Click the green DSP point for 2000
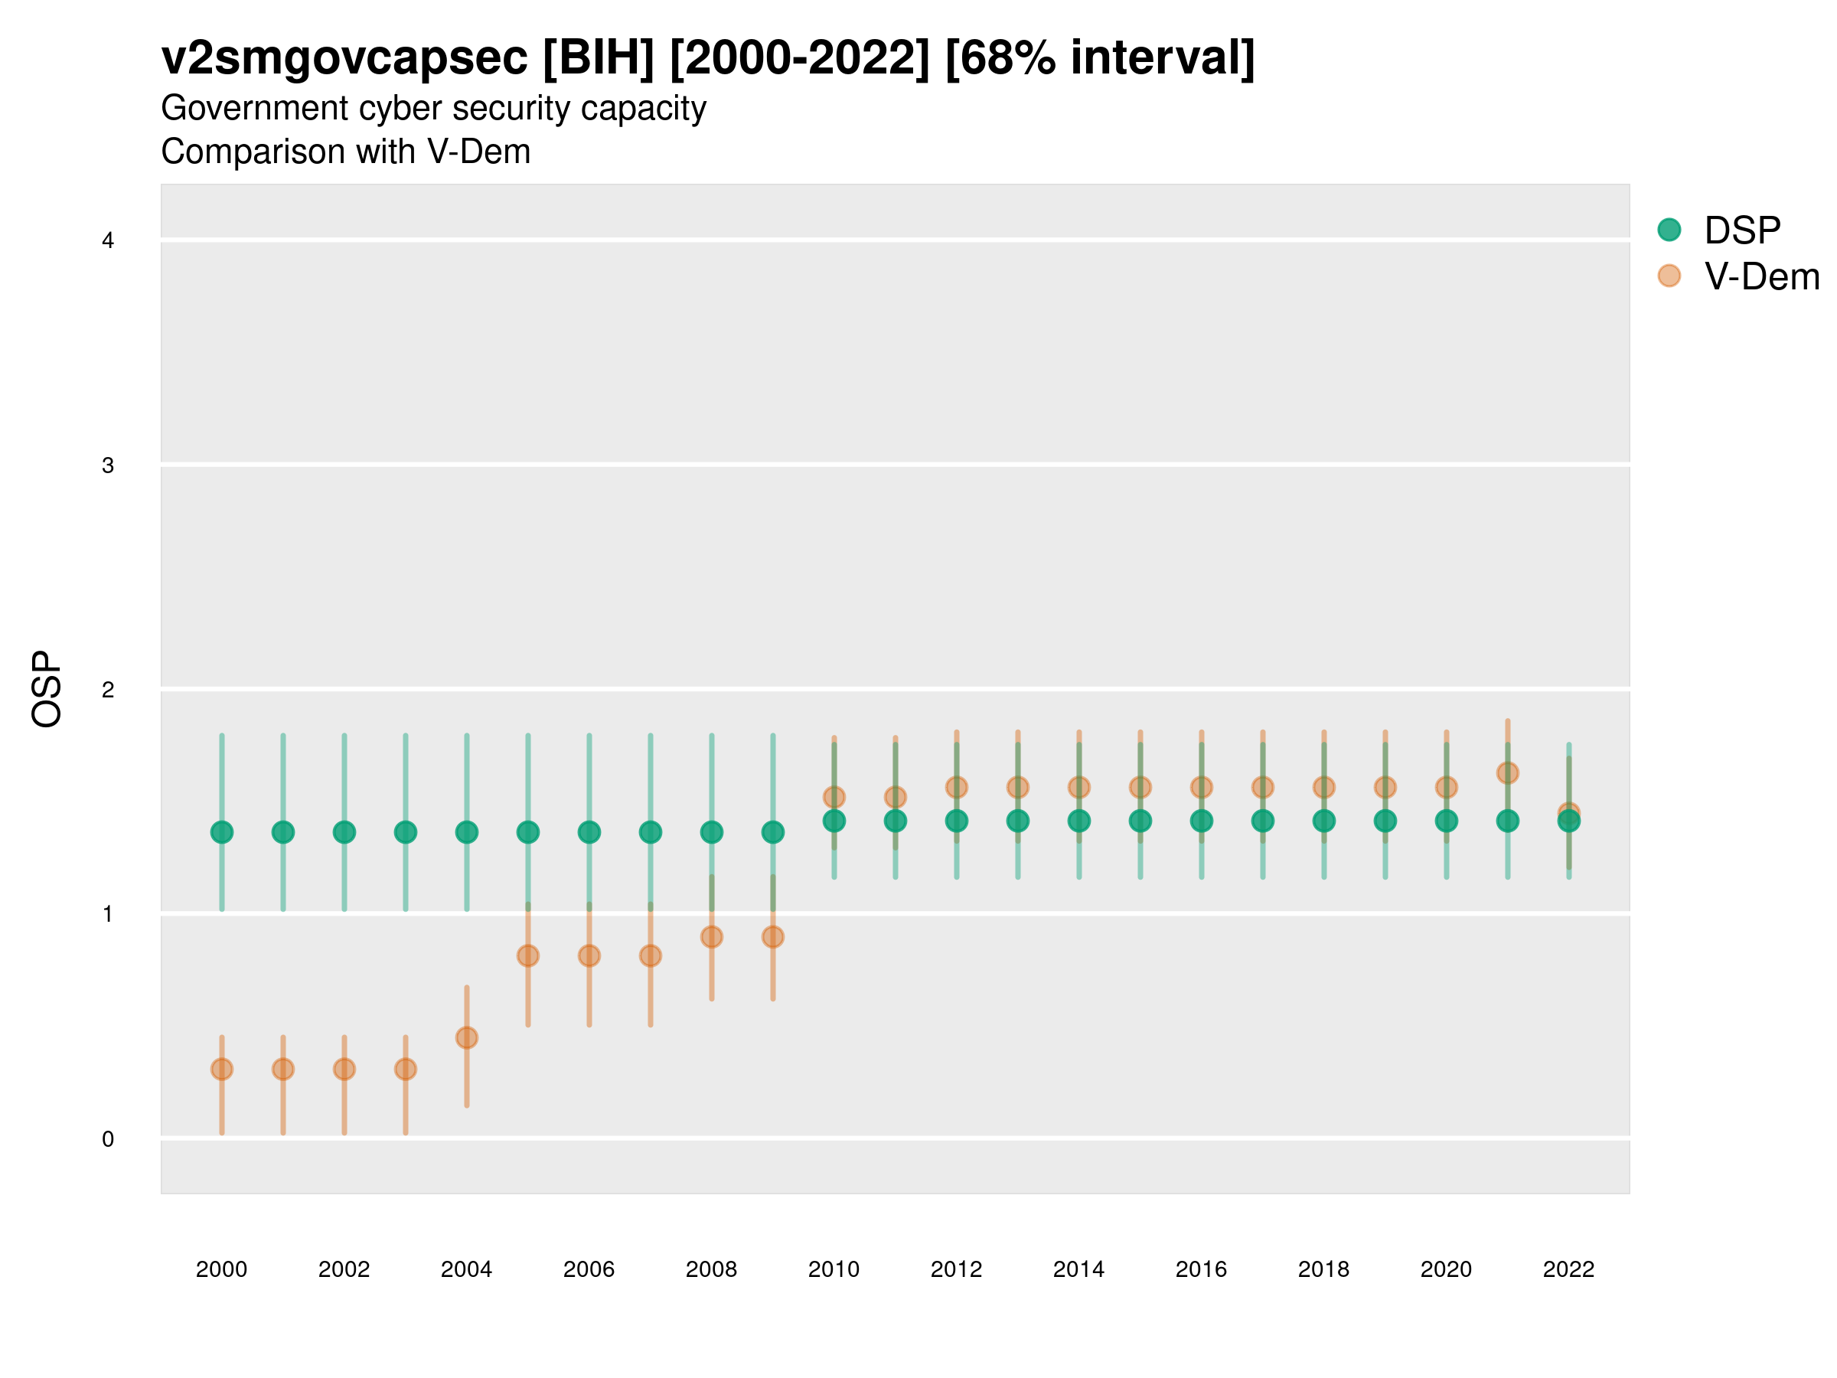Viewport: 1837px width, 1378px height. [x=222, y=832]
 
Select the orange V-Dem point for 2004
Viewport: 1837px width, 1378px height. [x=467, y=1037]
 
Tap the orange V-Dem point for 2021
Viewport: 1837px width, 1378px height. [x=1507, y=773]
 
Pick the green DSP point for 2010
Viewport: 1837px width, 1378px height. [x=834, y=821]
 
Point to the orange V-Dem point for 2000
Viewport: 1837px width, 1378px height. [x=222, y=1069]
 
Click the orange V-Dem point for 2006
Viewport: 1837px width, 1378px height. [x=589, y=956]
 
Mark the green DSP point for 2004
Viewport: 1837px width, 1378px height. [x=467, y=832]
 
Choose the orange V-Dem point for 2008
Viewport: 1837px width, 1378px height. [x=712, y=937]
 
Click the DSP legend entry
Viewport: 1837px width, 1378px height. [x=1741, y=230]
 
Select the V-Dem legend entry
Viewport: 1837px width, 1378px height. [x=1760, y=276]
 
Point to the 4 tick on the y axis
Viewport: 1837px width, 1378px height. [x=108, y=241]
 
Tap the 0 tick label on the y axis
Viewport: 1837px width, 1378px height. [x=108, y=1139]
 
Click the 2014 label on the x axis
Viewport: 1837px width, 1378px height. [x=1078, y=1269]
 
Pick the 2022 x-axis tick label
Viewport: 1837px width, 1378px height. [x=1569, y=1269]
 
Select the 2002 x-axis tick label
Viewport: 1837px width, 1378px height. [x=344, y=1269]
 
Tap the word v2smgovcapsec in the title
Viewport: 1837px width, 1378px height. [x=344, y=58]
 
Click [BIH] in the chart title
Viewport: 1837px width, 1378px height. [x=599, y=58]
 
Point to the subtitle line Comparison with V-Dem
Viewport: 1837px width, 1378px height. [x=345, y=152]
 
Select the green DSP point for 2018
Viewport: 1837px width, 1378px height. [x=1323, y=821]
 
